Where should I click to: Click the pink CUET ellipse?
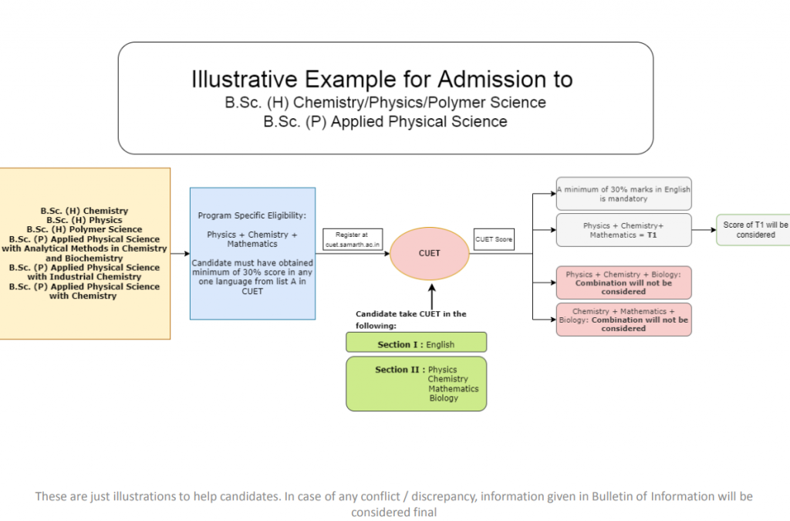coord(429,252)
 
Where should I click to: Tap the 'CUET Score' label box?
coord(494,239)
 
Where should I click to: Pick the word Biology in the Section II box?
coord(444,398)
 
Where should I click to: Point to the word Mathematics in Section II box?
coord(453,389)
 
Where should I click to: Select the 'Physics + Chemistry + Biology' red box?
coord(623,282)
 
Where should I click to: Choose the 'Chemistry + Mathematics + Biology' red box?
coord(623,320)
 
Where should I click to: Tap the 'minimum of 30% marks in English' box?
coord(623,194)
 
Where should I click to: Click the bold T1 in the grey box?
coord(651,235)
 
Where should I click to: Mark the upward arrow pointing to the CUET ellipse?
coord(431,296)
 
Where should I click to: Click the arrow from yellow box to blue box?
coord(181,253)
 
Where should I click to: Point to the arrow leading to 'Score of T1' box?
coord(704,230)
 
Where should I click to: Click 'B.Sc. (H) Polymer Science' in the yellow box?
coord(84,229)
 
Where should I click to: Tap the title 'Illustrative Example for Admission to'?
coord(382,79)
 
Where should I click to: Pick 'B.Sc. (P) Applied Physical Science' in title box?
coord(385,122)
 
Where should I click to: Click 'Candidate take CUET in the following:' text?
coord(410,319)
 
